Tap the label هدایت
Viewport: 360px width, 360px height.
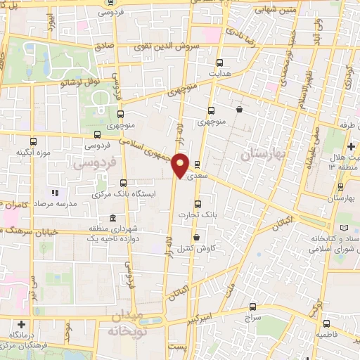click(x=219, y=72)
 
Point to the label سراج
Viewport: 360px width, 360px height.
click(x=252, y=318)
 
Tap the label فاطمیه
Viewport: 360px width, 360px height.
click(x=328, y=335)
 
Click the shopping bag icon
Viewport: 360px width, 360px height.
click(x=240, y=109)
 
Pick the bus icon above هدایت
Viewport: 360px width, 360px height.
click(x=220, y=62)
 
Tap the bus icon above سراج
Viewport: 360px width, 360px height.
click(x=253, y=307)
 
